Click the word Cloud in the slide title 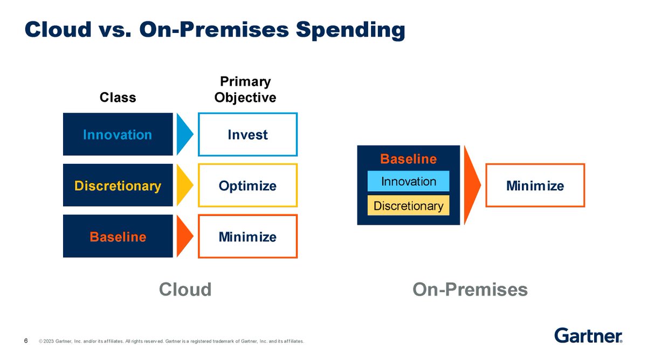[x=58, y=30]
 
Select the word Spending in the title [x=350, y=31]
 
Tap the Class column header [x=118, y=98]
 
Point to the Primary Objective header [x=245, y=89]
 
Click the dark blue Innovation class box [x=118, y=134]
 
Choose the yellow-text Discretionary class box [x=118, y=185]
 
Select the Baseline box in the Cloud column [x=118, y=236]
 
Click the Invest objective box [x=248, y=135]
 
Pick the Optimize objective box [x=248, y=185]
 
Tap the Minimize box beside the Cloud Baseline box [x=248, y=237]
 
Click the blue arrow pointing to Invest [x=184, y=134]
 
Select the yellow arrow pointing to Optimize [x=184, y=185]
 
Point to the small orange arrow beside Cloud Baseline [x=184, y=236]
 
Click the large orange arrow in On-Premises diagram [x=471, y=185]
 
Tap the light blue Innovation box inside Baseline [x=409, y=181]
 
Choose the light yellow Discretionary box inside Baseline [x=409, y=205]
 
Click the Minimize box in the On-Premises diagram [x=535, y=185]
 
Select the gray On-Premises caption [x=470, y=289]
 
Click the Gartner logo [x=588, y=335]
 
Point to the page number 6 [x=26, y=341]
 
